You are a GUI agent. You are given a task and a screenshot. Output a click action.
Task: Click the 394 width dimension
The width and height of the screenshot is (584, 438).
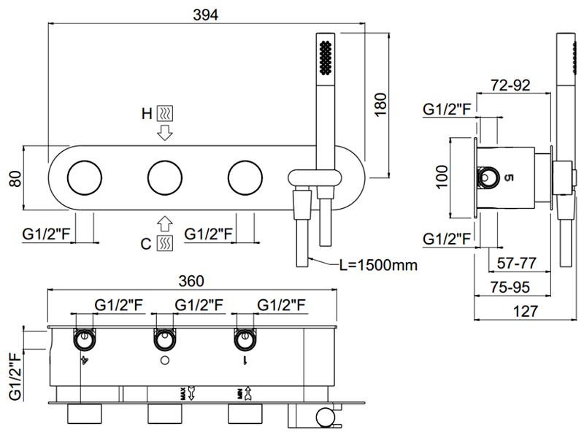click(207, 15)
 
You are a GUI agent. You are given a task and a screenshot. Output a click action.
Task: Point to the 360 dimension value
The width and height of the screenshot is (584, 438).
click(191, 281)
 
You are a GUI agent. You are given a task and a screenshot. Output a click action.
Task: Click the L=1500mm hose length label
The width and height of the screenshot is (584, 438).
click(378, 265)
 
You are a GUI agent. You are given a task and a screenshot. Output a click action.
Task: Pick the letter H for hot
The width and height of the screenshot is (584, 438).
click(147, 113)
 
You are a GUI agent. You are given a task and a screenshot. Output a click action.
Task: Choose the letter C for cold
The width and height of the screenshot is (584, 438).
click(147, 243)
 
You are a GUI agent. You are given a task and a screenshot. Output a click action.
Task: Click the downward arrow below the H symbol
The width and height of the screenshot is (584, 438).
click(165, 134)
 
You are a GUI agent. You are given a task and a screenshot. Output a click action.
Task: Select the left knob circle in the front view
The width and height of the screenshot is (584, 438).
click(84, 177)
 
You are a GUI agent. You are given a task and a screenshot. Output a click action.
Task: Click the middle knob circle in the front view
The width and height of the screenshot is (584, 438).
click(165, 177)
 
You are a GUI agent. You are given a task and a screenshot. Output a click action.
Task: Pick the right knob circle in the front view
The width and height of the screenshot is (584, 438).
click(245, 177)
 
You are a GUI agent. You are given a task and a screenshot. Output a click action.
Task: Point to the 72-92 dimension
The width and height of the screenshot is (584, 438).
click(510, 85)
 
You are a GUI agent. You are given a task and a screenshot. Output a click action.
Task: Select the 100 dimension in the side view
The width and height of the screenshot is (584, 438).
click(440, 177)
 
